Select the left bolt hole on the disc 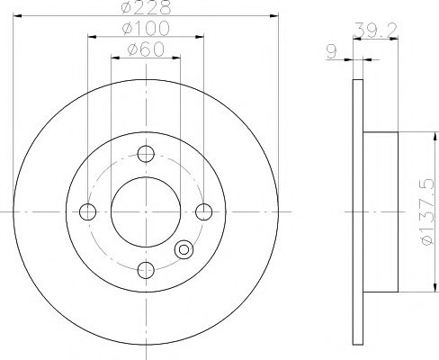pyautogui.click(x=87, y=211)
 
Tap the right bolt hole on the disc pyautogui.click(x=203, y=211)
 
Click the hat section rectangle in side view pyautogui.click(x=379, y=211)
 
